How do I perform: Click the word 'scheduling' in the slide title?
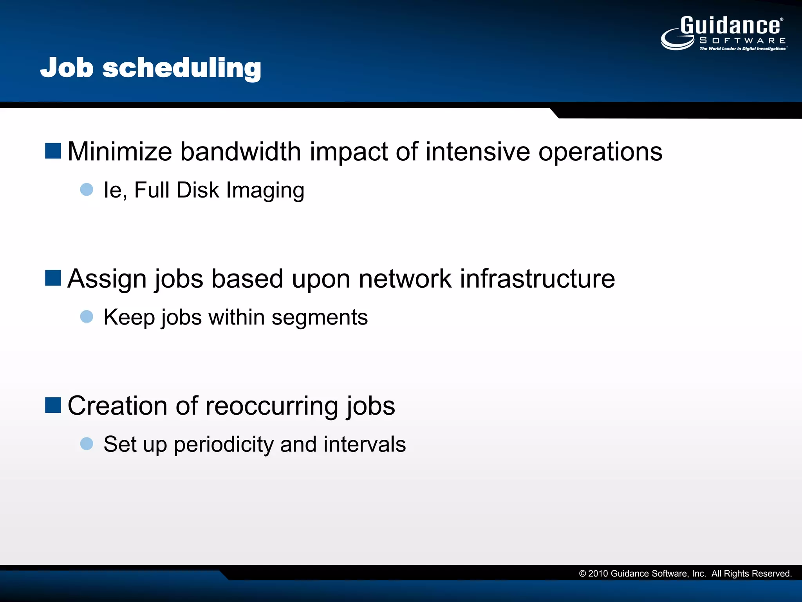point(182,68)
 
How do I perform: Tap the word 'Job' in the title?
point(67,68)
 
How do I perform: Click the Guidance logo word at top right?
point(730,26)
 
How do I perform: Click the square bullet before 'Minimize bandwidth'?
point(53,151)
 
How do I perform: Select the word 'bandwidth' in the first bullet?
point(240,152)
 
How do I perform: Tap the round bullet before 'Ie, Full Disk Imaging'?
point(87,190)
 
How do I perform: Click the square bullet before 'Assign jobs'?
point(53,278)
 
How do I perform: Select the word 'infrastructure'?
point(537,279)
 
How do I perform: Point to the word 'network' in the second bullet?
point(405,279)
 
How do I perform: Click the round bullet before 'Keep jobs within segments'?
point(87,317)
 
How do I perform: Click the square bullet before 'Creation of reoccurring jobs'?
point(53,405)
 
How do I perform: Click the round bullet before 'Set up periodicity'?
point(87,444)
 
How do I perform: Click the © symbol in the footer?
point(582,574)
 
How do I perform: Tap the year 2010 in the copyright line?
point(598,574)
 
